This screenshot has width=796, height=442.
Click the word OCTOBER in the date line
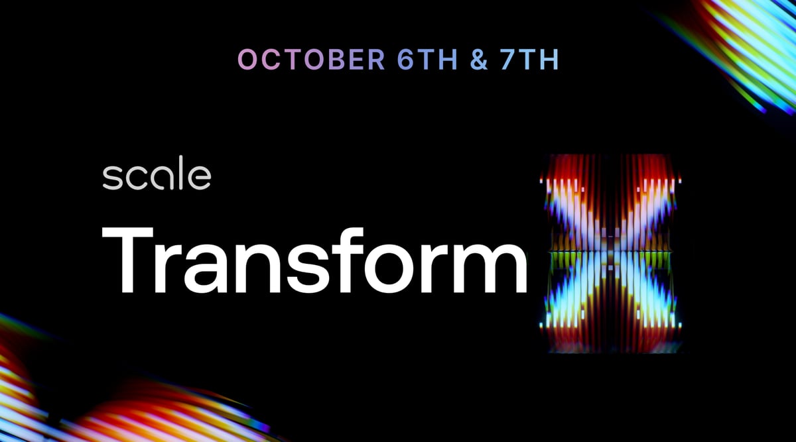pos(311,59)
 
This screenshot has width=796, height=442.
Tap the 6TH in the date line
pos(427,59)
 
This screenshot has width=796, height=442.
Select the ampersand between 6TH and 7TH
pos(479,59)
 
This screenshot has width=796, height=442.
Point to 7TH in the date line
pos(529,59)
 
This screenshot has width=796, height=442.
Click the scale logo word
pos(157,173)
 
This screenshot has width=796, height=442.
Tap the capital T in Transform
pos(127,260)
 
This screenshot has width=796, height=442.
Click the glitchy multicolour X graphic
pos(610,254)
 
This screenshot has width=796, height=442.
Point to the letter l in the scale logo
pos(181,172)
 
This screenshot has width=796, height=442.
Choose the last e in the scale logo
pos(200,178)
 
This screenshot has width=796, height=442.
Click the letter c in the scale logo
pos(137,178)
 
